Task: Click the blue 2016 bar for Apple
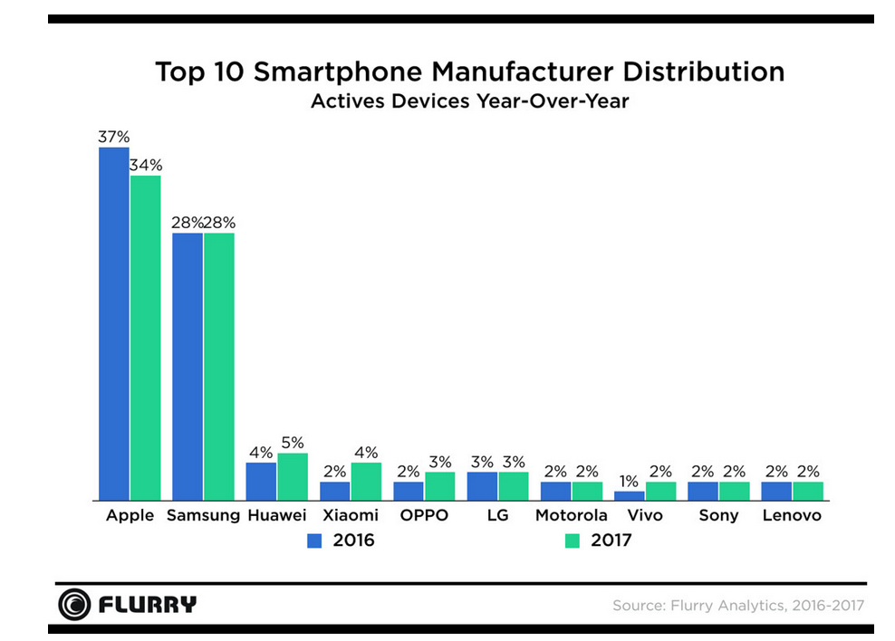[114, 324]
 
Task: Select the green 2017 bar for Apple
[145, 338]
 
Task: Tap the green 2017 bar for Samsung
[219, 367]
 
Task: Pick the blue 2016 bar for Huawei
[261, 482]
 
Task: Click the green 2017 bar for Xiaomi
[366, 482]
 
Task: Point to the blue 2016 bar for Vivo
[629, 496]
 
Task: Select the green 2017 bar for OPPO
[439, 486]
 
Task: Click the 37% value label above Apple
[114, 137]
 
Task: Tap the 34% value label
[146, 165]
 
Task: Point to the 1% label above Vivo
[628, 481]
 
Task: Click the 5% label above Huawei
[293, 443]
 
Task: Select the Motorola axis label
[571, 516]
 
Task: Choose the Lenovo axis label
[792, 516]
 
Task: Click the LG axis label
[497, 516]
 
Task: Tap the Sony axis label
[718, 516]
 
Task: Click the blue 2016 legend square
[314, 541]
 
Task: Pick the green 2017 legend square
[572, 541]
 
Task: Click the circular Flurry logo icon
[74, 604]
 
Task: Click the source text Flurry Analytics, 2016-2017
[737, 605]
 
